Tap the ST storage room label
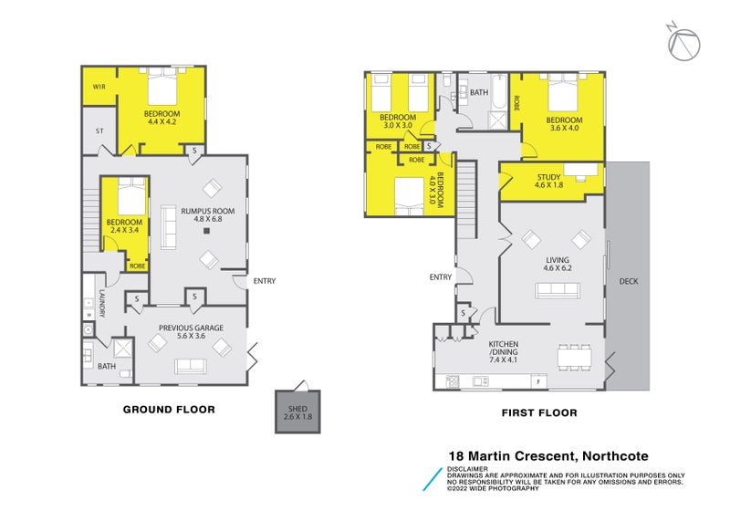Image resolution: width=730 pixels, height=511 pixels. [x=99, y=131]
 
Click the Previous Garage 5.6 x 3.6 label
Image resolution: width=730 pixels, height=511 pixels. [x=191, y=332]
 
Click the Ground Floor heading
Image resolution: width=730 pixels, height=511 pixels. [x=169, y=410]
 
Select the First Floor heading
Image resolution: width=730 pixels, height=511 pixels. [x=539, y=412]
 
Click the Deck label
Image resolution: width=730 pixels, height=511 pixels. [x=629, y=282]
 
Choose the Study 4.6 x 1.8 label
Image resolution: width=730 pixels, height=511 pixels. [x=548, y=182]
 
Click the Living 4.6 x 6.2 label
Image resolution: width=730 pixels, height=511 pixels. [x=557, y=264]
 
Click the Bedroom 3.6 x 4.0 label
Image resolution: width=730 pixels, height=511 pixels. [x=564, y=124]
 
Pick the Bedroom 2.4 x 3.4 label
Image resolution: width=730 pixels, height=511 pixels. [x=125, y=226]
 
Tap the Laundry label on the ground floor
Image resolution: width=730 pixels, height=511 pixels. [x=102, y=304]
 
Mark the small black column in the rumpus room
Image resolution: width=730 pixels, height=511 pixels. [x=207, y=231]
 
